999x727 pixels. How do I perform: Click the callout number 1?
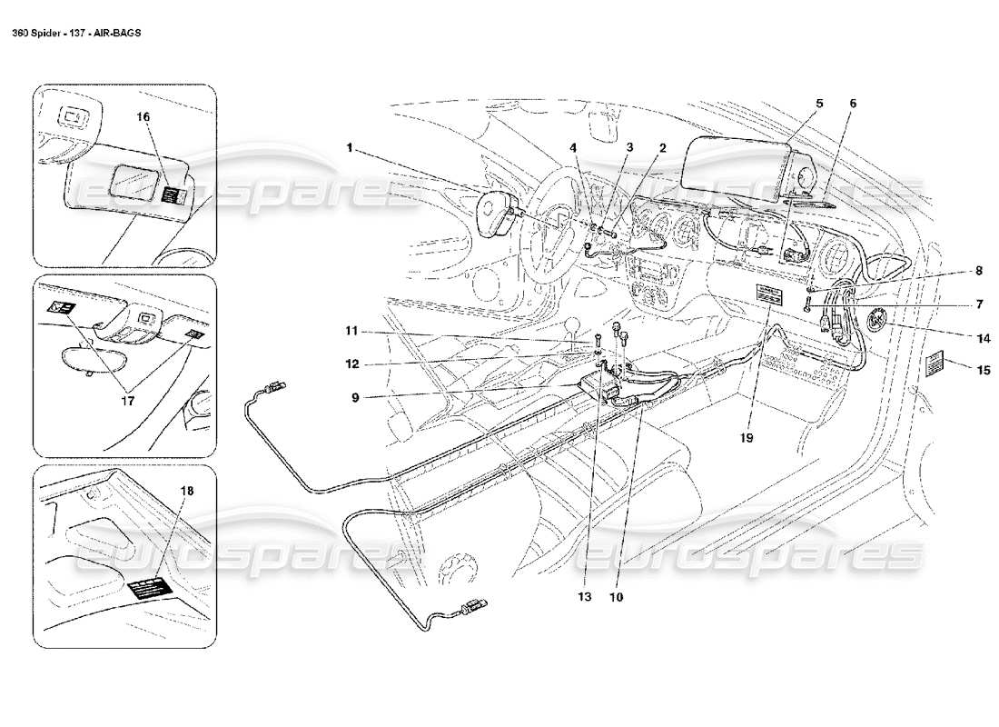click(x=349, y=144)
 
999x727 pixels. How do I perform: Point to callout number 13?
click(x=584, y=597)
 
